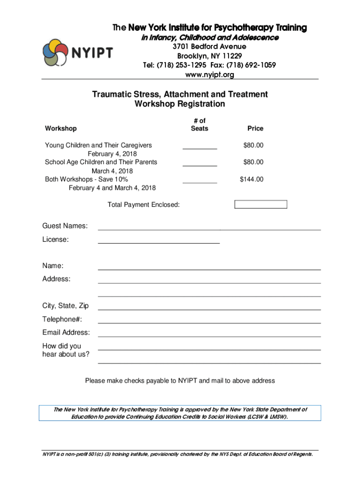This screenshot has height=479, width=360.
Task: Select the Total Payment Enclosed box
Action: tap(260, 204)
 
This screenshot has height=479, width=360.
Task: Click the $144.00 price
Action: tap(252, 179)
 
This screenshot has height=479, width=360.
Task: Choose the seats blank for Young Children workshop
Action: tap(200, 146)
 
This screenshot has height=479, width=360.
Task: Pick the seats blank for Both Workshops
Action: tap(200, 180)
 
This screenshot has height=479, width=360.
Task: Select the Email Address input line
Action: tap(209, 335)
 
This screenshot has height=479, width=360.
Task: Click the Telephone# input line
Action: tap(209, 321)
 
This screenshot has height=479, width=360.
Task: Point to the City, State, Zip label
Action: tap(65, 306)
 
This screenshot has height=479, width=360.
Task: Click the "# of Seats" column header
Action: tap(200, 124)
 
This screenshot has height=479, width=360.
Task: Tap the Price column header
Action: tap(256, 128)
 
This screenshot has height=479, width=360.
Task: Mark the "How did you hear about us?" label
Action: tap(66, 350)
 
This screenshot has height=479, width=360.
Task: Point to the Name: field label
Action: tap(53, 266)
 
